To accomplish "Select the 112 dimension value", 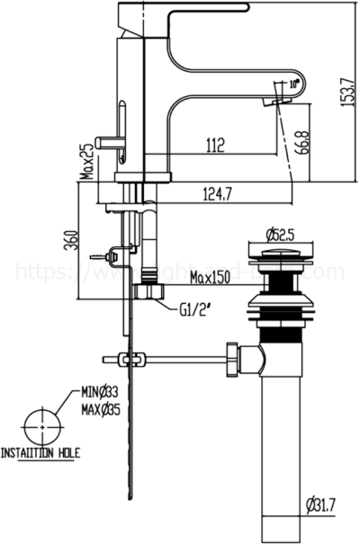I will click(213, 142).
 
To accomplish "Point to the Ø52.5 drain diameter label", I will click(281, 236).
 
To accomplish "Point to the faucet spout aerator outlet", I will click(274, 103).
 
